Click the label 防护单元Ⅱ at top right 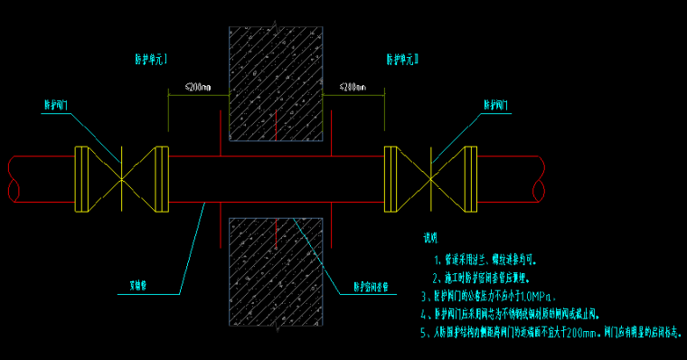point(404,60)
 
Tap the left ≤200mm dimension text point(197,88)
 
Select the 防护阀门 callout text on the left point(58,105)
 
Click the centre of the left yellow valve point(120,180)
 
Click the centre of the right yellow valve point(431,180)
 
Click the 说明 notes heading point(430,239)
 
